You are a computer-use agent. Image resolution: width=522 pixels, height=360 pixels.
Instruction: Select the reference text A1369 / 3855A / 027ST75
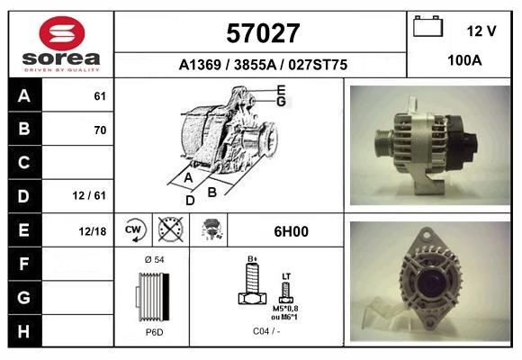pos(261,66)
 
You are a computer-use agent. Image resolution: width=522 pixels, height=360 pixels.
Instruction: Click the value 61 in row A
pos(100,95)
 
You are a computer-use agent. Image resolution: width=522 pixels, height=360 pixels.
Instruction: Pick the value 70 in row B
pos(100,130)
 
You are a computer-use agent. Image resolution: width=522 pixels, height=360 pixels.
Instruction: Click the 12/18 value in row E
pos(94,231)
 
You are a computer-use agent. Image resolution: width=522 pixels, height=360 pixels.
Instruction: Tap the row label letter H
pos(24,330)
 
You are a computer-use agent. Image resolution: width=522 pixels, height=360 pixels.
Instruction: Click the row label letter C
pos(24,163)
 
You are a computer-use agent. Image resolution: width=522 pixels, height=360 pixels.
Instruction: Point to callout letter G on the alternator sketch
pos(281,102)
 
